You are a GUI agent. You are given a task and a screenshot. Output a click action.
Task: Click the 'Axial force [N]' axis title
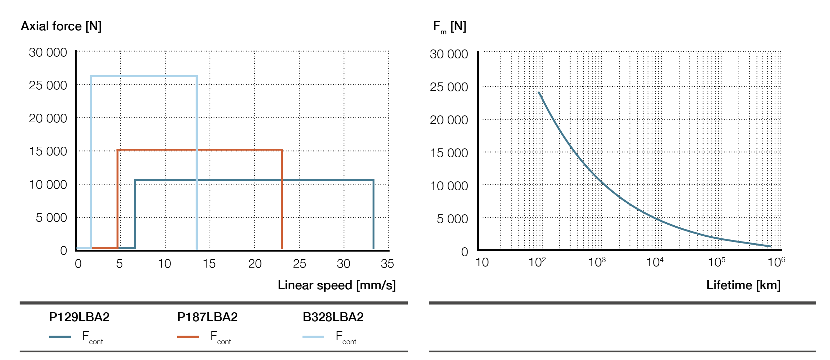pos(61,26)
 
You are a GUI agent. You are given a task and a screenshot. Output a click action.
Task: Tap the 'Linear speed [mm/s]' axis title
pos(337,285)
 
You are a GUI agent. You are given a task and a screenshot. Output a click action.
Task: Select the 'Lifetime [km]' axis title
pos(743,285)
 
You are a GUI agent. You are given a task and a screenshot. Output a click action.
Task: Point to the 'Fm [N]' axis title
pos(449,27)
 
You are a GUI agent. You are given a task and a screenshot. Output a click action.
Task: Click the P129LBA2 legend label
pos(79,317)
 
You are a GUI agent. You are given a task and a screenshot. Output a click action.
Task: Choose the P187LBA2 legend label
pos(207,317)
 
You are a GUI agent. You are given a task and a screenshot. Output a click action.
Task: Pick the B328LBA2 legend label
pos(333,317)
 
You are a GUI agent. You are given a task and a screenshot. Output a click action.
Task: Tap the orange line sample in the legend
pos(188,337)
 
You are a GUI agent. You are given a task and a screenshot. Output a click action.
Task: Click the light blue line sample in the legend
pos(313,337)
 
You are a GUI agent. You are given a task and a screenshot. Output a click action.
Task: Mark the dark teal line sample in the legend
pos(60,337)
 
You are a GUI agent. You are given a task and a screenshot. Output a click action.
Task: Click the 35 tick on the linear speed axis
pos(387,264)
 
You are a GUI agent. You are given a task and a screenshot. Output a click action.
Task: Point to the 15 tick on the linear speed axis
pos(209,264)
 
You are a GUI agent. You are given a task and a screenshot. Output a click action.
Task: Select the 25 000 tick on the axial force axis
pos(48,85)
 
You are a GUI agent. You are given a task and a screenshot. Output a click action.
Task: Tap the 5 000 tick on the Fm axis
pos(452,219)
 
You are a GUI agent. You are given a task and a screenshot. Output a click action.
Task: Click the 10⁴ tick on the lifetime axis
pos(655,262)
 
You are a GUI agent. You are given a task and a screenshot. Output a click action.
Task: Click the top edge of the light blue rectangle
pos(144,76)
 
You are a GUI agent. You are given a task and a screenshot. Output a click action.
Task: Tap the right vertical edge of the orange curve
pos(282,199)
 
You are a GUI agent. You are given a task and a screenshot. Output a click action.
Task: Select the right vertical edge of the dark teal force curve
pos(373,213)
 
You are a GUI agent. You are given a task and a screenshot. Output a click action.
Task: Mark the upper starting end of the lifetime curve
pos(539,92)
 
